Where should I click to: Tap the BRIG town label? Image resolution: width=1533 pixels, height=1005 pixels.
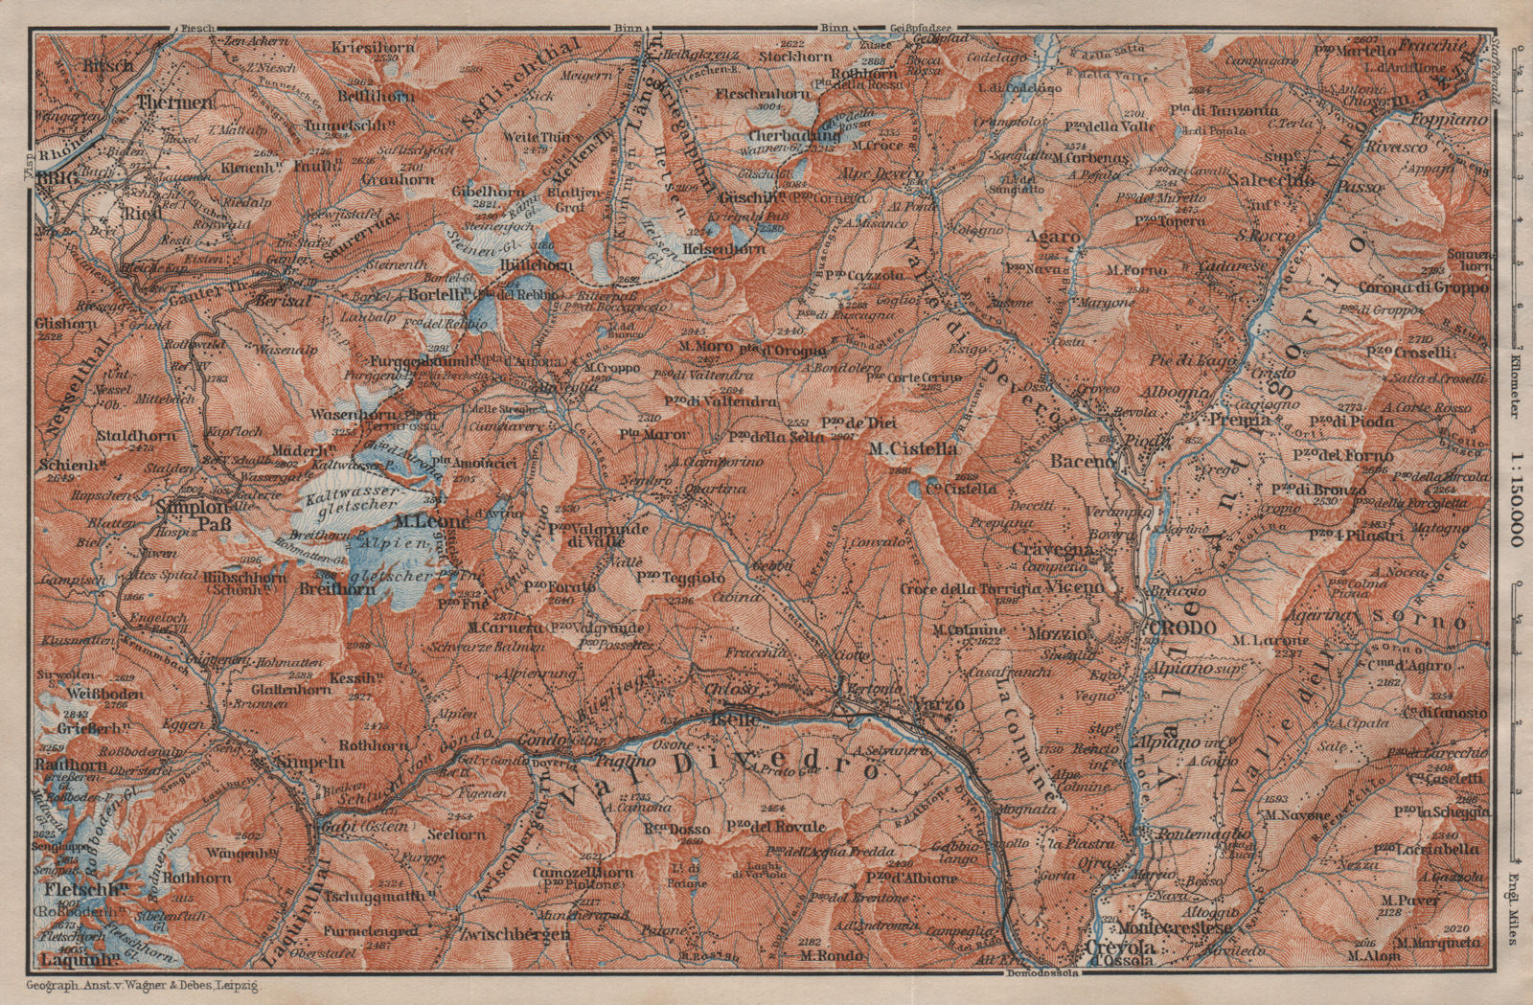[x=56, y=179]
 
